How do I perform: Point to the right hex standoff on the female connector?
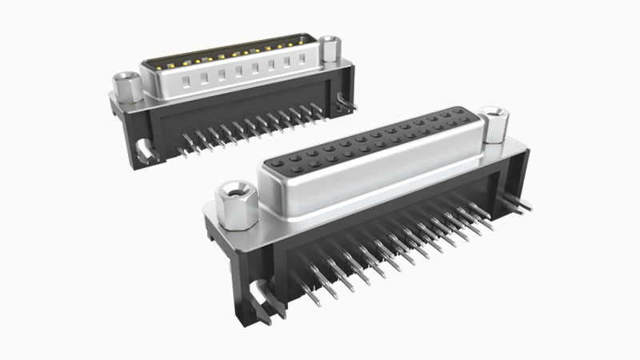click(494, 124)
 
